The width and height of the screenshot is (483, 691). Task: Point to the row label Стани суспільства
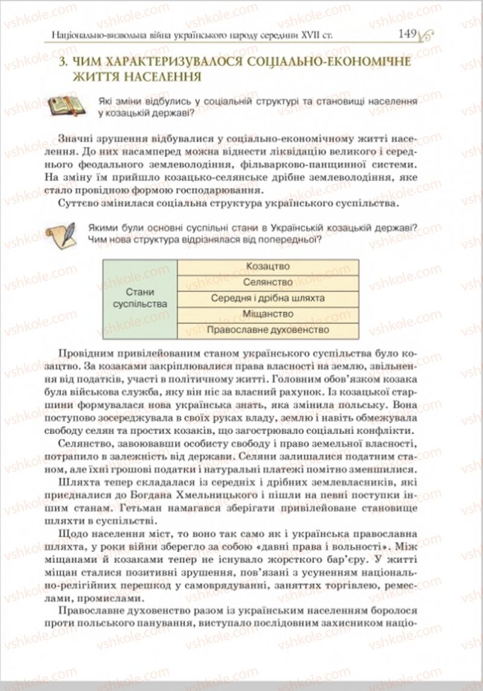point(140,298)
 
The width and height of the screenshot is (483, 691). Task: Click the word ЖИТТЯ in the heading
point(73,78)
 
